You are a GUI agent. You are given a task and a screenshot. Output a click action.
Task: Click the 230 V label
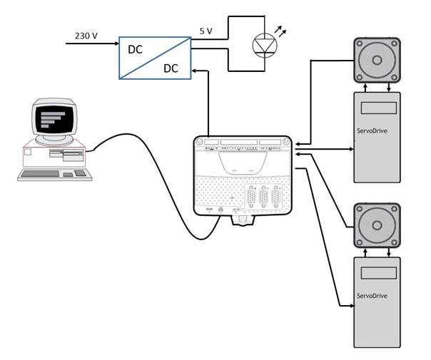[86, 36]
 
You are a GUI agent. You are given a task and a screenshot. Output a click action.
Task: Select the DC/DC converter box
[156, 58]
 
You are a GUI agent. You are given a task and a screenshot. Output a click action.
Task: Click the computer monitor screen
[54, 120]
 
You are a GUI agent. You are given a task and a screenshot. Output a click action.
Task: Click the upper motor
[377, 59]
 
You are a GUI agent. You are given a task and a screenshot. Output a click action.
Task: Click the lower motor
[377, 225]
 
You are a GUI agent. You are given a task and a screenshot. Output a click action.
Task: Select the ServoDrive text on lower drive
[371, 296]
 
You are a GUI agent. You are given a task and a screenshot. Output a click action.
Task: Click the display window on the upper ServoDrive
[378, 108]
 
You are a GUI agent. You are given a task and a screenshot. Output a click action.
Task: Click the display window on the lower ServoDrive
[378, 273]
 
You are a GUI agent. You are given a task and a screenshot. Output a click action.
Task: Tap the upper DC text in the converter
[135, 51]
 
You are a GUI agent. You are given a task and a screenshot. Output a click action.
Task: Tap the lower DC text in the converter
[171, 68]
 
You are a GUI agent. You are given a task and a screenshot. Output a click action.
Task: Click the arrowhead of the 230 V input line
[115, 43]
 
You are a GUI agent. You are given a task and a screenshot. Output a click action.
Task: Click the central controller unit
[243, 175]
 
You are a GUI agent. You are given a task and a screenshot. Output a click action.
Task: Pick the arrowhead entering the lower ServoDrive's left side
[351, 306]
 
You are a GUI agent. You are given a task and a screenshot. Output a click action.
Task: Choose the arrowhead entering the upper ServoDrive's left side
[351, 149]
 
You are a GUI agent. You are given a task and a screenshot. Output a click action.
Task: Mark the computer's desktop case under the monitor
[54, 156]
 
